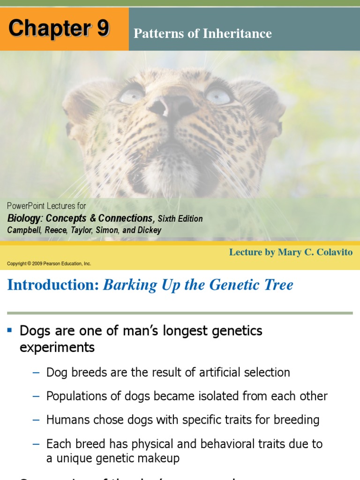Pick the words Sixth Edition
[x=180, y=219]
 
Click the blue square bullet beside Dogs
[x=9, y=330]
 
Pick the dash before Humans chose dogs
[x=37, y=420]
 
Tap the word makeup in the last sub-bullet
[x=159, y=458]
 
